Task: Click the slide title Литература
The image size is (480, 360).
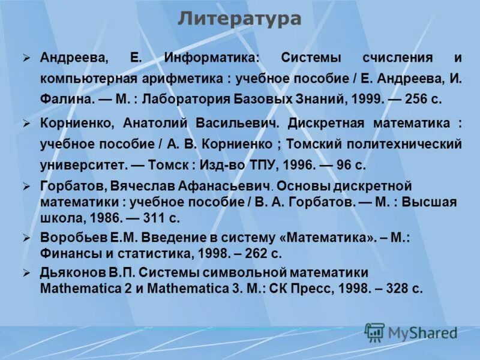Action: tap(239, 19)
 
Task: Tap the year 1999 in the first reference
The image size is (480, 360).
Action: tap(365, 100)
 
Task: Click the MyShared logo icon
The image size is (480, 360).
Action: tap(374, 332)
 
